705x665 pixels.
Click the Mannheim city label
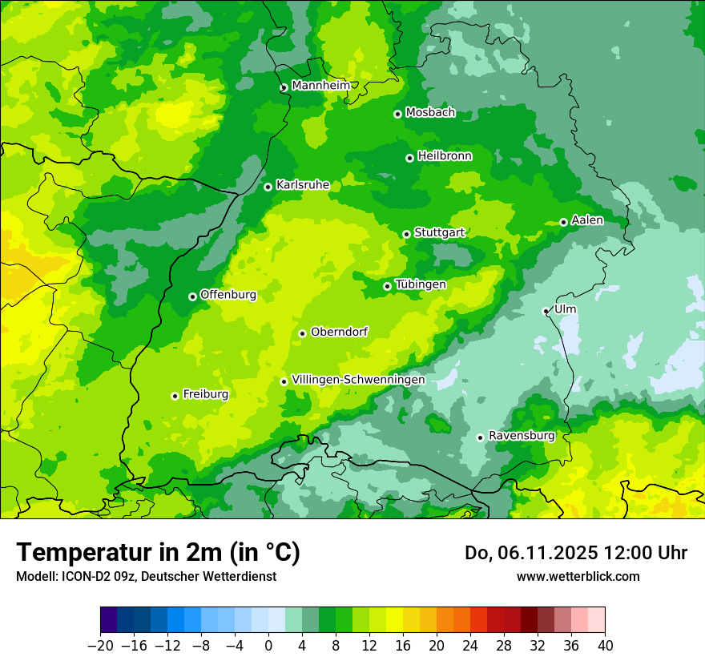(320, 85)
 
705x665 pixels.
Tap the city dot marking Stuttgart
(407, 234)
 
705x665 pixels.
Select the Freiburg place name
(205, 394)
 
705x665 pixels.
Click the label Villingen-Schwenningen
(358, 380)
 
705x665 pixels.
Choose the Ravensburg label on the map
(521, 436)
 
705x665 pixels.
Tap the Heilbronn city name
(445, 156)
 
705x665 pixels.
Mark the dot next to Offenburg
(192, 296)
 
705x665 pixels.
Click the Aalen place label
(587, 220)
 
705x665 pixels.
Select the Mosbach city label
(430, 113)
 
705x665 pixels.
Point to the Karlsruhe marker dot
(268, 187)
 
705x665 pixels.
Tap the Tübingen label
(421, 284)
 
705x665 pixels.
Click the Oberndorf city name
(339, 332)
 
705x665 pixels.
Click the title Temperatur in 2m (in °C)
(158, 553)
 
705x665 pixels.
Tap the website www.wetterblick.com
(578, 576)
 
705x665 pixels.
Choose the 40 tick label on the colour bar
(605, 646)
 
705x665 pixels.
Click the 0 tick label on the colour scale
(268, 646)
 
